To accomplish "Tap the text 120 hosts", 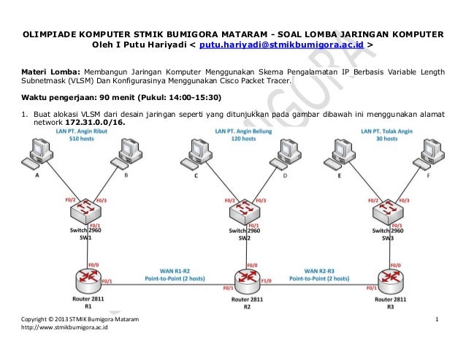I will pos(241,138).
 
